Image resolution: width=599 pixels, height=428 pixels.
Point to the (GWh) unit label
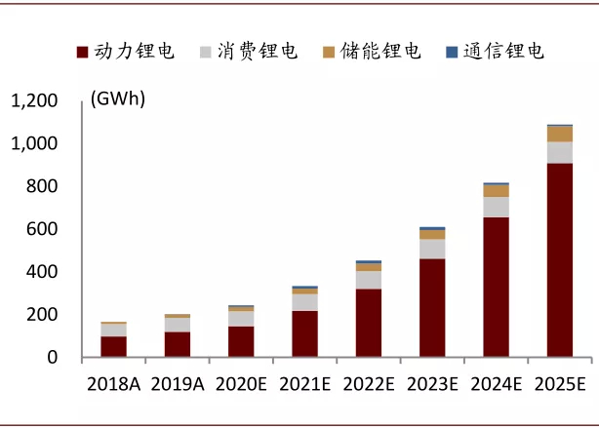pyautogui.click(x=116, y=98)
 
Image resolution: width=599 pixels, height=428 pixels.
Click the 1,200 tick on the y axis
pyautogui.click(x=34, y=101)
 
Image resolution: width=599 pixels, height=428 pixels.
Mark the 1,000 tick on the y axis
pyautogui.click(x=34, y=144)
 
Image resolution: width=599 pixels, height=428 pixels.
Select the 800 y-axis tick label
pyautogui.click(x=43, y=187)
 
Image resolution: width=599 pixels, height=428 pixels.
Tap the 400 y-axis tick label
pyautogui.click(x=43, y=272)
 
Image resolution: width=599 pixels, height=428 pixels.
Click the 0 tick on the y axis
pyautogui.click(x=53, y=358)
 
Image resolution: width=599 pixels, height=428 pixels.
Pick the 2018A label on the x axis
pyautogui.click(x=112, y=384)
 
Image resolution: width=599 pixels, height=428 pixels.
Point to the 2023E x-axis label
pyautogui.click(x=432, y=384)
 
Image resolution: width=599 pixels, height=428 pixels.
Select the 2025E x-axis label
pyautogui.click(x=559, y=384)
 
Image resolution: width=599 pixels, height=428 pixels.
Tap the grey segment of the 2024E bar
pyautogui.click(x=496, y=207)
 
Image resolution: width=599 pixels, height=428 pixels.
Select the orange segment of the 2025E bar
pyautogui.click(x=559, y=134)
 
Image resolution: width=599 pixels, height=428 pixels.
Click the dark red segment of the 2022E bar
pyautogui.click(x=369, y=324)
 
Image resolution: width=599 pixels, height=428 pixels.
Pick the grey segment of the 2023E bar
pyautogui.click(x=432, y=249)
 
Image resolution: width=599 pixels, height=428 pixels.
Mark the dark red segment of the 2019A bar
pyautogui.click(x=178, y=345)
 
